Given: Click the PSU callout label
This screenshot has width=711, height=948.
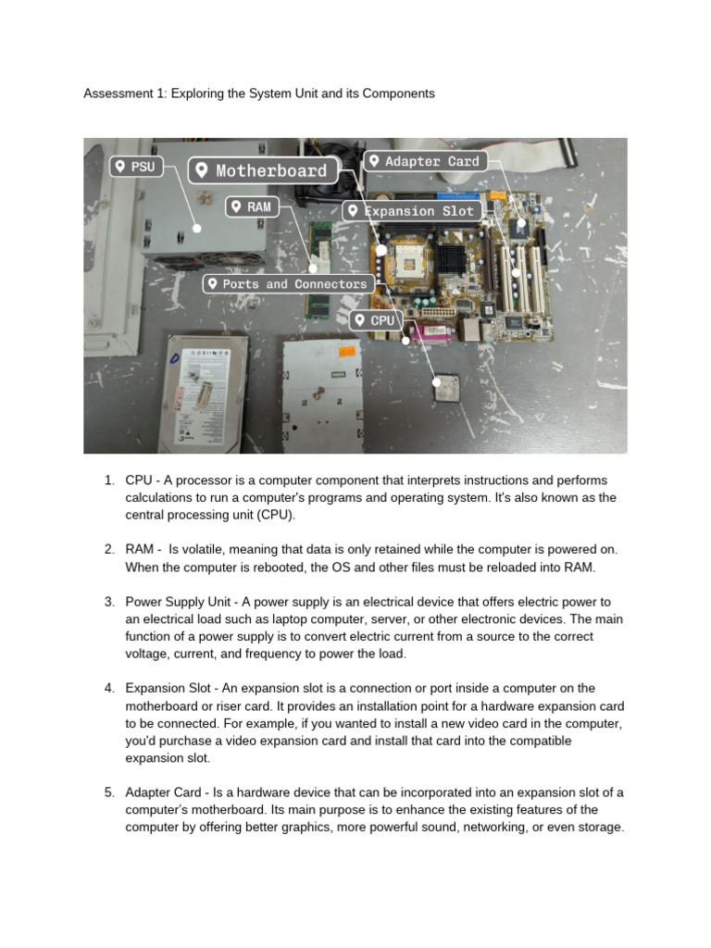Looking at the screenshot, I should (x=133, y=167).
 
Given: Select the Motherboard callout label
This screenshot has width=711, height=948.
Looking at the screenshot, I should (x=262, y=170).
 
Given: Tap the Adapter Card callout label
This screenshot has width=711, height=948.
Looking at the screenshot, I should (x=424, y=161).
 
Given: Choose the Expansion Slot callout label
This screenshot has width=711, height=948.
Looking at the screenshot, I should (x=411, y=211).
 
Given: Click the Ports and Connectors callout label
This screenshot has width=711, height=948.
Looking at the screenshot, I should (x=288, y=284).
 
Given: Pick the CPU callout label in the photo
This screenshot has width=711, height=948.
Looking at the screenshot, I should (x=375, y=320).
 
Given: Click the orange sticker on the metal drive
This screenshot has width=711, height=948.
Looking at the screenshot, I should (x=346, y=352).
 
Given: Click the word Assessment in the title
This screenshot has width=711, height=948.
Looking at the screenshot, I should (x=118, y=94).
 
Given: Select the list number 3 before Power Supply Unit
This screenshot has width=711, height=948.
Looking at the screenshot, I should (x=108, y=602).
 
